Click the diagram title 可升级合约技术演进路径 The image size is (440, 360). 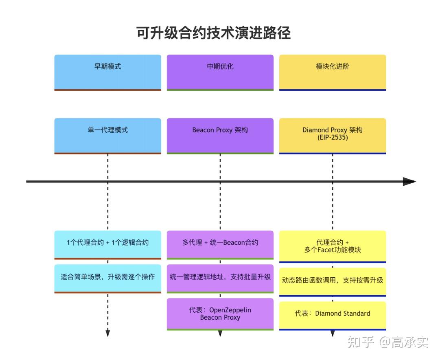(x=213, y=33)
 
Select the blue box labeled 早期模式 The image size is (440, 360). (x=108, y=72)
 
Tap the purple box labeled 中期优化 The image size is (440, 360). (x=220, y=72)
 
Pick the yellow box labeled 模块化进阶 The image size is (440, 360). (x=333, y=72)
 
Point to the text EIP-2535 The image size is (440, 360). (x=333, y=138)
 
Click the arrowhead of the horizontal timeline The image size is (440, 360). (x=409, y=182)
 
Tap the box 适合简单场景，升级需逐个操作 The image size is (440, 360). (x=108, y=278)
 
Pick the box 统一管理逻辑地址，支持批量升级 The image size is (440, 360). (x=220, y=278)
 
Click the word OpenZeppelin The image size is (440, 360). (x=230, y=310)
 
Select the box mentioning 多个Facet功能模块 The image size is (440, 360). (x=333, y=246)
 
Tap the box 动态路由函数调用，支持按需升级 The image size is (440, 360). (x=333, y=281)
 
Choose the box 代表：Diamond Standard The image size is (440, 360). (x=333, y=315)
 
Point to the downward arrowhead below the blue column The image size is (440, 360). (x=108, y=334)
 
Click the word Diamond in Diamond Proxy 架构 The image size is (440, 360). (x=315, y=130)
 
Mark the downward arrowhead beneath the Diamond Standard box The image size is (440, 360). (x=333, y=334)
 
